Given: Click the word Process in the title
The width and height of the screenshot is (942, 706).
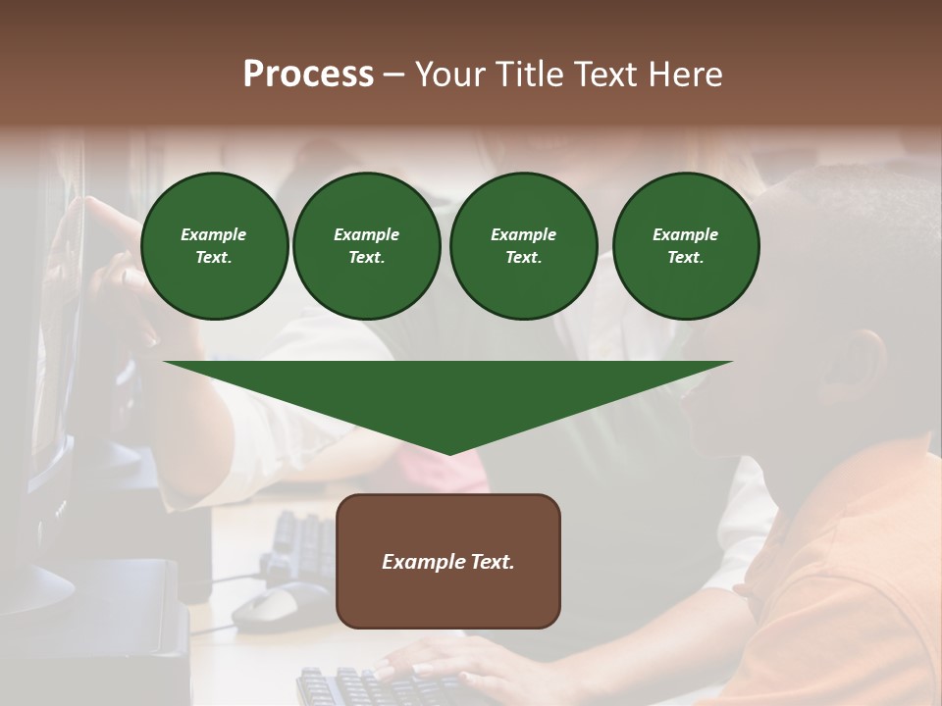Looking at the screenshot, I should click(x=308, y=75).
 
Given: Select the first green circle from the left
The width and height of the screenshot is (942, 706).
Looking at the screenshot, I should click(x=214, y=246).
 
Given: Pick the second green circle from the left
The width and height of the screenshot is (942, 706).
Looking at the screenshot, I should click(x=366, y=246).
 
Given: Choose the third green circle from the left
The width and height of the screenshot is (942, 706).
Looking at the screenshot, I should click(x=523, y=246).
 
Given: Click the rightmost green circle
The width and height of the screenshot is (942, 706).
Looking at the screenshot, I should click(x=685, y=246).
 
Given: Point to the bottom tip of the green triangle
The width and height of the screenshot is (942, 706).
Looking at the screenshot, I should click(x=448, y=453).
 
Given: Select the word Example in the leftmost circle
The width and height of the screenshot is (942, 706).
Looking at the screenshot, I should click(x=214, y=235).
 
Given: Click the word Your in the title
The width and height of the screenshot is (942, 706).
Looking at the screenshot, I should click(x=452, y=75).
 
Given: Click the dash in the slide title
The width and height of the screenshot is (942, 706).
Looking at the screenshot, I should click(x=393, y=75).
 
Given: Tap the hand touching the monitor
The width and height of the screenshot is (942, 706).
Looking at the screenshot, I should click(x=103, y=235).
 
